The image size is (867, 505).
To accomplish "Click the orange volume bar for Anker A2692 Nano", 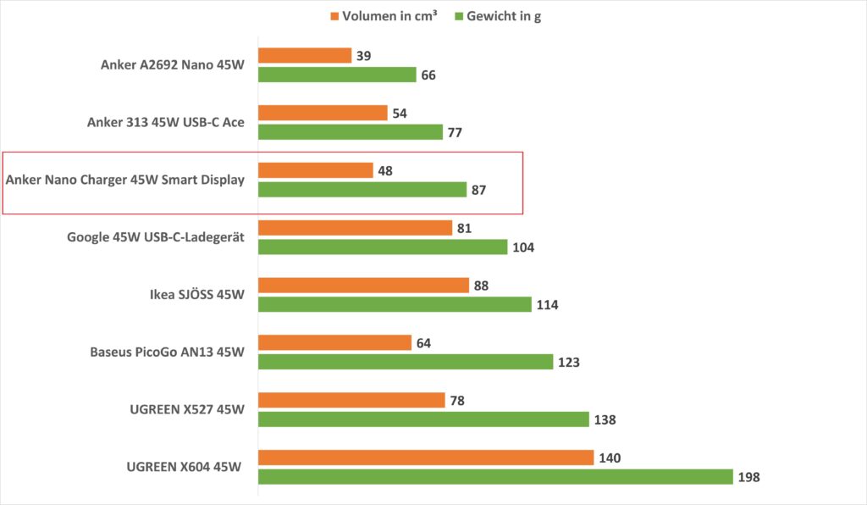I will point(305,55).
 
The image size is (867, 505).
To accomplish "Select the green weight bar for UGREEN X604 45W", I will point(495,476).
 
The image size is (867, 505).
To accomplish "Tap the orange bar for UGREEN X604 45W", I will point(426,458).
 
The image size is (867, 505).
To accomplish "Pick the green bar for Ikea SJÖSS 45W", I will point(395,304).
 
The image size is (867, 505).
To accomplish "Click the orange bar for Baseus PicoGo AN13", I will point(334,342).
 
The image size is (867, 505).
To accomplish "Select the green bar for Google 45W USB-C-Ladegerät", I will point(383,247).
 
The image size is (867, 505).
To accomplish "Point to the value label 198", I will point(748,477).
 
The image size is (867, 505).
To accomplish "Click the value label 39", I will point(365,56).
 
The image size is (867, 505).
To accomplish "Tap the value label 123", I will point(567,363).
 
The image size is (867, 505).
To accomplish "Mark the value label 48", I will point(386,170).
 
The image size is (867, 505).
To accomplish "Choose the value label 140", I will point(610,458).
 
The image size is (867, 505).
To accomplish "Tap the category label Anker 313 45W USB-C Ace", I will point(166,122).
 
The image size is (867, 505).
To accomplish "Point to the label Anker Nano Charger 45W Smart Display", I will point(124,180).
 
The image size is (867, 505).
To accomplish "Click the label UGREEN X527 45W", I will point(186,409).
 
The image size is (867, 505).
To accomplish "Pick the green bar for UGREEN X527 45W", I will point(423,419).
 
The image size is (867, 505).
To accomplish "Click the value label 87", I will point(479,190).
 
